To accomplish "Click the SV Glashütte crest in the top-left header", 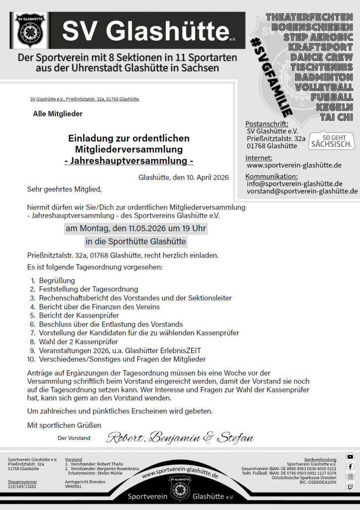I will coord(31,30).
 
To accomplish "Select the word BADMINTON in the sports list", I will coord(324,77).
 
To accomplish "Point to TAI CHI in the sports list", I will coord(337,117).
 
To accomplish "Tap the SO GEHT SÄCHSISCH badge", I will coord(332,141).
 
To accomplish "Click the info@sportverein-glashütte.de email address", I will coord(294,183).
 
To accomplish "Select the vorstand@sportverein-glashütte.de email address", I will coord(302,191).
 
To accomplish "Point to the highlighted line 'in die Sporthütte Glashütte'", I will coord(136,242).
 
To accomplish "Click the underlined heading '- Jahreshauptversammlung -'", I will coord(129,161).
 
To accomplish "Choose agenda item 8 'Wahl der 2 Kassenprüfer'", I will coord(78,342).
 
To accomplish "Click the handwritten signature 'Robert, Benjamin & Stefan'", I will coord(180,438).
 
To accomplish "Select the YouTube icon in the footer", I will coord(351,457).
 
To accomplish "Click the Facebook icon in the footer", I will coord(351,467).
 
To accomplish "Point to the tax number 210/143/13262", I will coord(22,487).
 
